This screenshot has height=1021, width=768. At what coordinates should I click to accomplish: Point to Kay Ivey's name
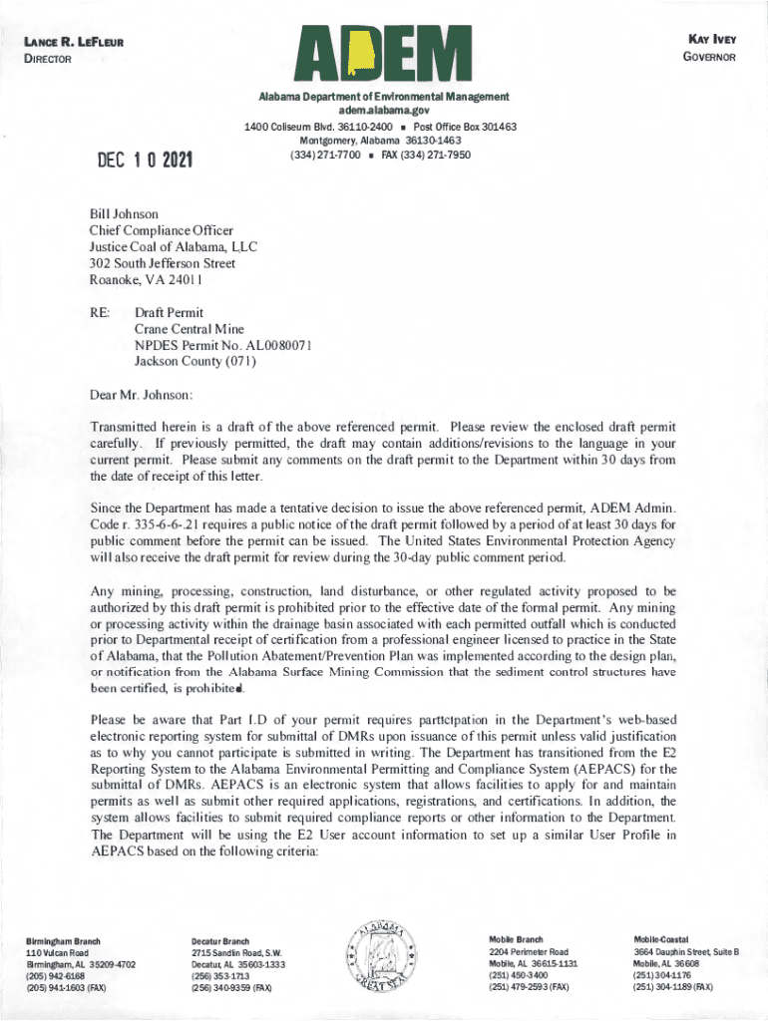712,39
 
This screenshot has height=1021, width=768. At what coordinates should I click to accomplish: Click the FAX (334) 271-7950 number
426,156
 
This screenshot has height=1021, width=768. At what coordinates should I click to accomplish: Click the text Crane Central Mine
190,329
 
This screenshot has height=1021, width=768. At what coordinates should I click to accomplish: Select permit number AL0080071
271,345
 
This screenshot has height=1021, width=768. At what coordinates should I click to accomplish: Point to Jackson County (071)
195,362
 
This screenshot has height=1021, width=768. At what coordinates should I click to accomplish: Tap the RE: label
101,312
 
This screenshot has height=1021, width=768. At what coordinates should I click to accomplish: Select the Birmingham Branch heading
65,940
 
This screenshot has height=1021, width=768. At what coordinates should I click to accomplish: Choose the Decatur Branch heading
220,940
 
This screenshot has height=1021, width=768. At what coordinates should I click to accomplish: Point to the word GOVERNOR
708,57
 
